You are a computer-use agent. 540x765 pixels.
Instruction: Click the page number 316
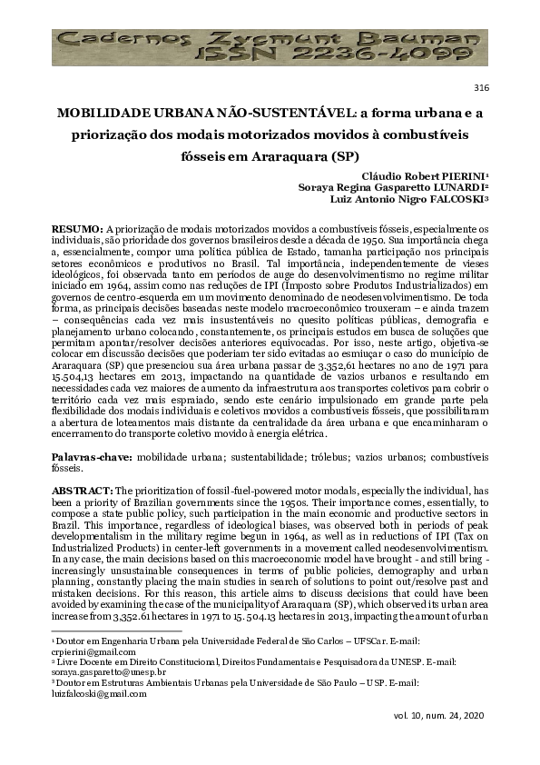482,87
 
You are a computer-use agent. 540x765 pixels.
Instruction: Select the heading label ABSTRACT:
81,489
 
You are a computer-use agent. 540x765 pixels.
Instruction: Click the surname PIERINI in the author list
458,175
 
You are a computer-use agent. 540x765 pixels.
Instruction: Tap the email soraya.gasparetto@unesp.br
103,673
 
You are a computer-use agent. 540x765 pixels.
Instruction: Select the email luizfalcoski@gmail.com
89,693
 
